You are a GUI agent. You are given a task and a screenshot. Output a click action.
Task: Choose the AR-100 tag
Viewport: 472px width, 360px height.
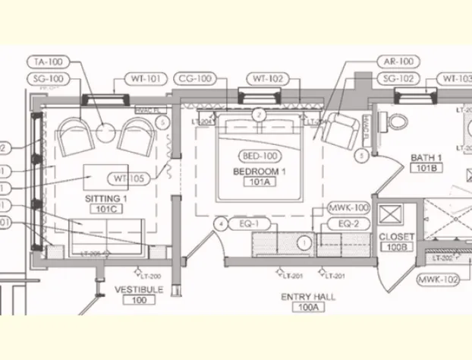(x=396, y=61)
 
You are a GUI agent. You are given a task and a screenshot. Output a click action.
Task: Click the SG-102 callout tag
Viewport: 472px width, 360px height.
(x=396, y=78)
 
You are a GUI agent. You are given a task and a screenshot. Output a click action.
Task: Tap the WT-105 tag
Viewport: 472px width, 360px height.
(x=128, y=178)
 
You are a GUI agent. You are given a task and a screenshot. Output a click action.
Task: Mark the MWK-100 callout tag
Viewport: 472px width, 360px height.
(x=348, y=207)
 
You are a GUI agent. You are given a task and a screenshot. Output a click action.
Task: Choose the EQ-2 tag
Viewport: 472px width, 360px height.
(x=348, y=224)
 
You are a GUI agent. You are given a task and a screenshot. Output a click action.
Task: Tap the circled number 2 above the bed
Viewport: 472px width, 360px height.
(x=259, y=115)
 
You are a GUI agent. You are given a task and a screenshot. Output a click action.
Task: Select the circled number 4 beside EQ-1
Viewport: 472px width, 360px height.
(x=220, y=224)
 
